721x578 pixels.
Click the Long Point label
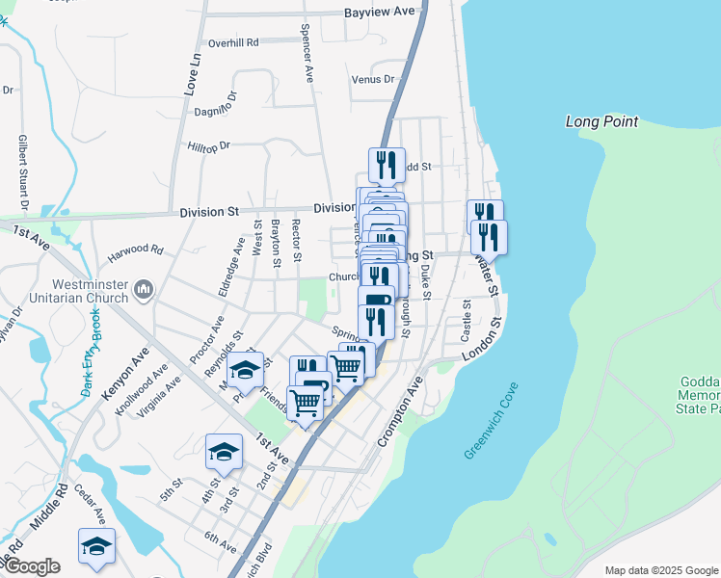pos(601,121)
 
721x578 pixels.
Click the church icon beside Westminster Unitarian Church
pos(144,289)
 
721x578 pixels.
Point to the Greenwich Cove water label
pos(492,421)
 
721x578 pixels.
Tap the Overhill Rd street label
pos(233,43)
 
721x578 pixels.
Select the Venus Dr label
pos(373,79)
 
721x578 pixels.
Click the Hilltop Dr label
pos(210,146)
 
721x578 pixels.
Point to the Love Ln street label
pos(192,74)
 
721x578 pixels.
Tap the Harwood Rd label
pos(136,253)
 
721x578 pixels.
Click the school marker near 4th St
pos(224,451)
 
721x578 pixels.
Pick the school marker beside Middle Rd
pos(96,545)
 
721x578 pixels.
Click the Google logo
pos(31,566)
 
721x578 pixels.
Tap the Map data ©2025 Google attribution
pos(660,570)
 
